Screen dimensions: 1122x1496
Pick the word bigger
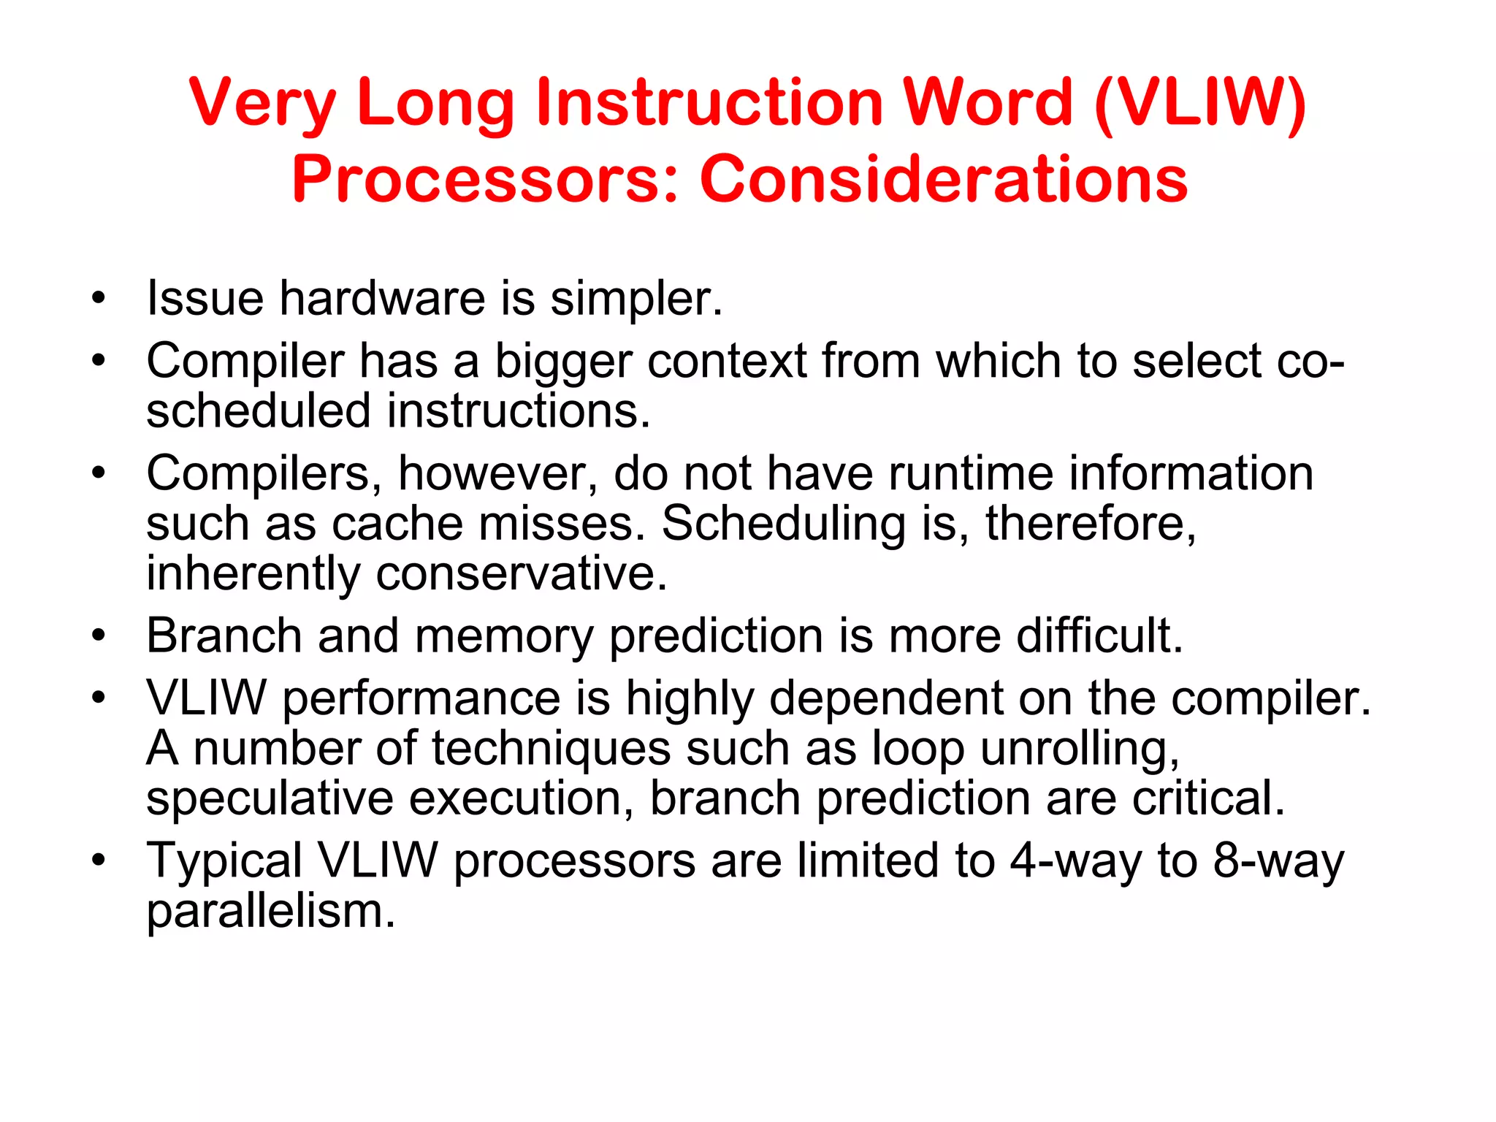(562, 362)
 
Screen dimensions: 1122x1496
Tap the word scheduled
(259, 411)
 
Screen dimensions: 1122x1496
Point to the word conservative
(521, 573)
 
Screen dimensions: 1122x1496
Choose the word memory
(504, 636)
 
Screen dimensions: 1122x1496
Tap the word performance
(421, 698)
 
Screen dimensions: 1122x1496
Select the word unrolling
(1079, 749)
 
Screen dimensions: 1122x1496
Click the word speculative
(270, 798)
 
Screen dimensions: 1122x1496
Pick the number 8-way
(1278, 861)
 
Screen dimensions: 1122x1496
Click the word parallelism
(270, 912)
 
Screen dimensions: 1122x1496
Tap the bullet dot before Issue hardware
(99, 299)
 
